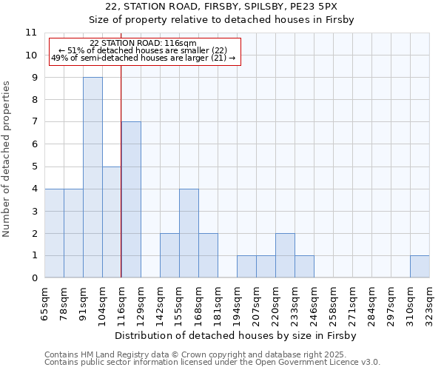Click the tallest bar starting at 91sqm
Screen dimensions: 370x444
click(x=92, y=178)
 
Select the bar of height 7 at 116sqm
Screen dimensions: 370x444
click(x=131, y=200)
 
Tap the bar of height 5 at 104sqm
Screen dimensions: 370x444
click(x=112, y=222)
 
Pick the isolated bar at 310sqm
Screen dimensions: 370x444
click(x=420, y=266)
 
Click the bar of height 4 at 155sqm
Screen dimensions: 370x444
click(x=189, y=233)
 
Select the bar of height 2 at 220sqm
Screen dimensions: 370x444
click(x=285, y=255)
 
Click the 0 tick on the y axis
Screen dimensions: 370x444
click(x=33, y=278)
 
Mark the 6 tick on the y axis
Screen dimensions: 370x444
click(x=33, y=144)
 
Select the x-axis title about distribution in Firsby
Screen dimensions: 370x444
click(x=237, y=336)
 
